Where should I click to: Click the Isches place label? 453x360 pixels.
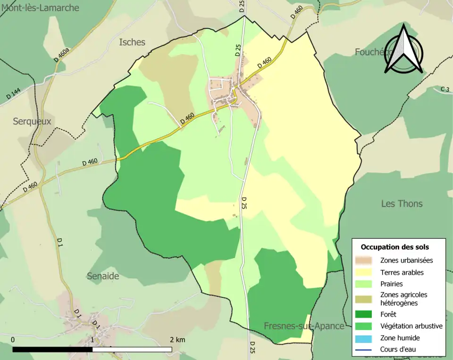(x=132, y=42)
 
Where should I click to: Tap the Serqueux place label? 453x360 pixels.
(x=32, y=121)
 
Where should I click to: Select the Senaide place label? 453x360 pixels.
(x=103, y=276)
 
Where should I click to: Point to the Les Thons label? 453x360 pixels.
(x=402, y=204)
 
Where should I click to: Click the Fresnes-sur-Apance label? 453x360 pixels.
(x=304, y=326)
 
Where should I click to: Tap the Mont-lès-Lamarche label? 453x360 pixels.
(x=40, y=8)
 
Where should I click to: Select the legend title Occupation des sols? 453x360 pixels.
(x=395, y=247)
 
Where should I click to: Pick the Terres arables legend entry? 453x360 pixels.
(x=402, y=272)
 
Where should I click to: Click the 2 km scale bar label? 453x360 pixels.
(x=177, y=340)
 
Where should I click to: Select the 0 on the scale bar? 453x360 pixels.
(x=13, y=340)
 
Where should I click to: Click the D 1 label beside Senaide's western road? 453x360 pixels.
(x=60, y=242)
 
